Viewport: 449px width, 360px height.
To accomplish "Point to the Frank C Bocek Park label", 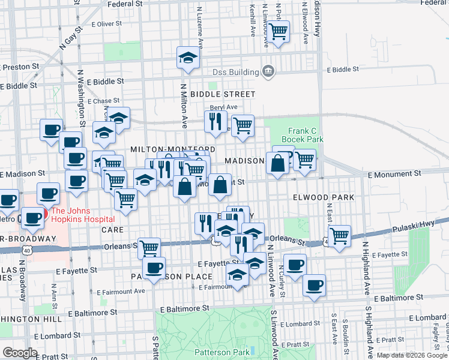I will point(306,135).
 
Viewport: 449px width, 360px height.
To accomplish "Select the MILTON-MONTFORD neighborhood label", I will point(173,149).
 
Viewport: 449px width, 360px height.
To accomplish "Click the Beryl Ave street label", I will point(223,107).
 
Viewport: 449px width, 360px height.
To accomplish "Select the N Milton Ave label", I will point(184,105).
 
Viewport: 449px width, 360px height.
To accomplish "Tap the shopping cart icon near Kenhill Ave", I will point(278,31).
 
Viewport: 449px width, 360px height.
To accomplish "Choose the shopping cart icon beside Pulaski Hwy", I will point(340,235).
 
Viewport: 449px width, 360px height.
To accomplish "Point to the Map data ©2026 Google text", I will point(411,355).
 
